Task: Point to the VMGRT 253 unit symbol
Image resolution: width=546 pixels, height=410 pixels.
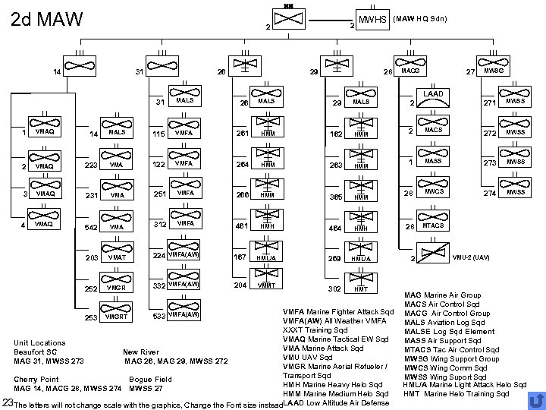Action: click(x=116, y=315)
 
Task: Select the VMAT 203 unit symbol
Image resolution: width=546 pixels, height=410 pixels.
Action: click(x=116, y=257)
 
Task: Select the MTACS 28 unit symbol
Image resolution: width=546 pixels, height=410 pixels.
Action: click(x=433, y=225)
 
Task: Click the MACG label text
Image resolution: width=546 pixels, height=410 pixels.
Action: click(x=410, y=71)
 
